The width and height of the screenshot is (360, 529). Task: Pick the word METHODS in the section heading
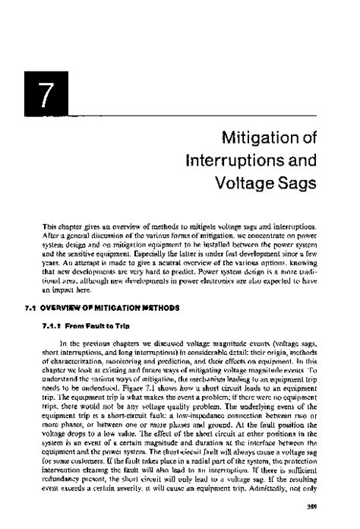coord(159,287)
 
